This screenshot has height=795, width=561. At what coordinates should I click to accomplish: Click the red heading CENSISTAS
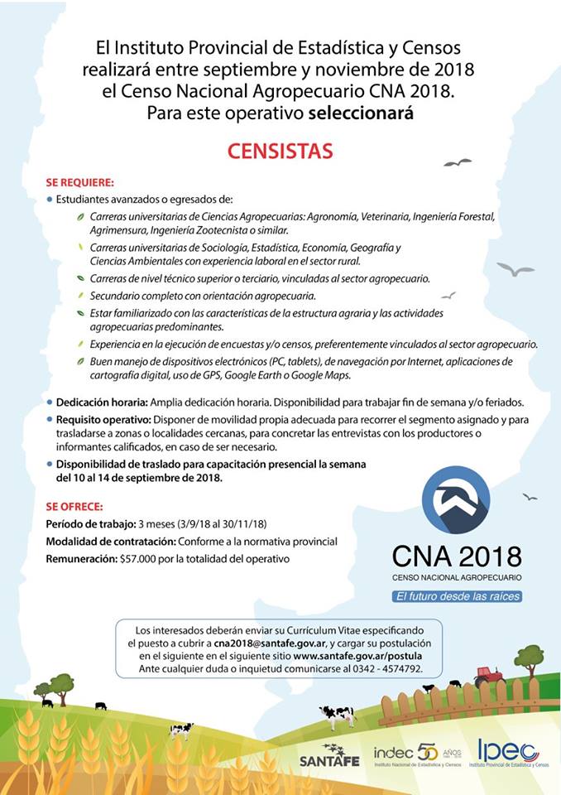point(280,152)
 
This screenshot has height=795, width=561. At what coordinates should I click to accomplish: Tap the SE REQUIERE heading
point(80,182)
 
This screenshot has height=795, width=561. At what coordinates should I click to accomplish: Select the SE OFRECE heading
point(75,507)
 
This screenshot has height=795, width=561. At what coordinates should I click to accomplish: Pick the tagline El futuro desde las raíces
point(457,596)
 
